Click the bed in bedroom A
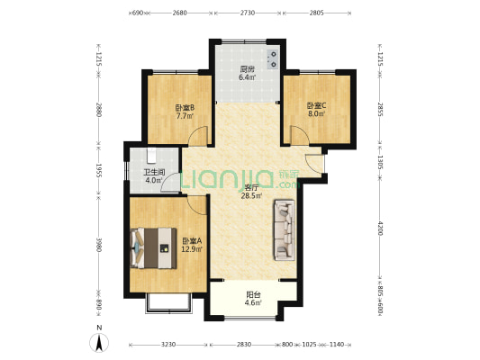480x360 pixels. click(x=153, y=248)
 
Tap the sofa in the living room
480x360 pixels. click(x=285, y=230)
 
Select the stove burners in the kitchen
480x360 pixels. click(x=273, y=59)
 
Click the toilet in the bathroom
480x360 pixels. click(x=151, y=155)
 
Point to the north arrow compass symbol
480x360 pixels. click(x=99, y=343)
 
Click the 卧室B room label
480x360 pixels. click(x=185, y=108)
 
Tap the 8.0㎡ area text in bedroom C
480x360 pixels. click(x=316, y=113)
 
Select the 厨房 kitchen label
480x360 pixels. click(x=247, y=69)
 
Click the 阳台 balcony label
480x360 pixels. click(x=253, y=295)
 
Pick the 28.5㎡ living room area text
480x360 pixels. click(x=251, y=196)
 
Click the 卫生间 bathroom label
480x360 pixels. click(x=154, y=173)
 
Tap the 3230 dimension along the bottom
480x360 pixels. click(x=168, y=345)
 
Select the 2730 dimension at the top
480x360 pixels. click(x=248, y=13)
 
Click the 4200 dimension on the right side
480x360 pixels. click(x=380, y=229)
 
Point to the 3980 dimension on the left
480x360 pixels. click(x=98, y=245)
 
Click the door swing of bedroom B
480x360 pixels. click(x=198, y=135)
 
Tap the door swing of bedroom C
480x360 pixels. click(x=300, y=135)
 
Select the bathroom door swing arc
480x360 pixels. click(x=170, y=183)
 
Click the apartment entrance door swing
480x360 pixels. click(x=314, y=166)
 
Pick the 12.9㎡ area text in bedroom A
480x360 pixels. click(x=192, y=249)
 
